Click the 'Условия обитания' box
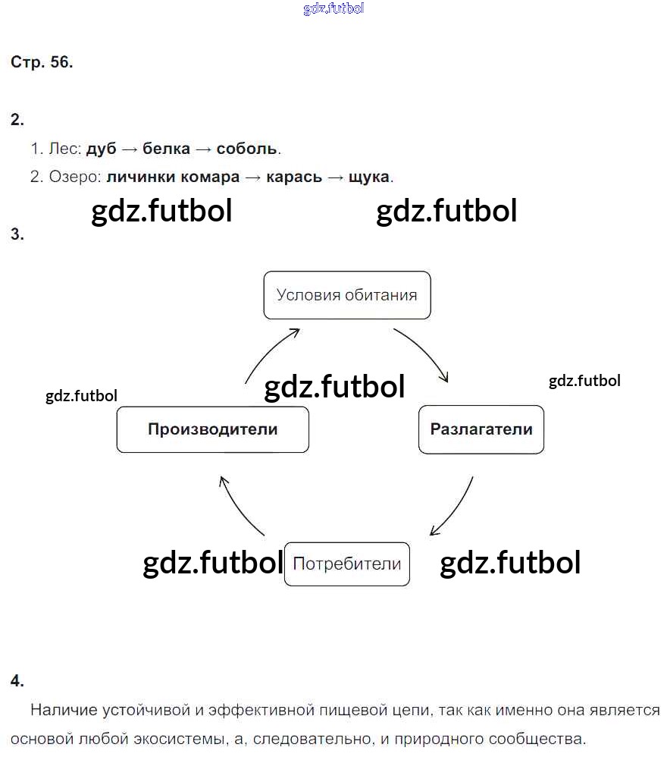(346, 295)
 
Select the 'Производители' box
(212, 429)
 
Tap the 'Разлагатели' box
(481, 429)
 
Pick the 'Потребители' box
(346, 564)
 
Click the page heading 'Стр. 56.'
(42, 63)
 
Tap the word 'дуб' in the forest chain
(102, 149)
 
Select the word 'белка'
(166, 149)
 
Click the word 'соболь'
(247, 149)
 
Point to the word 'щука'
(368, 177)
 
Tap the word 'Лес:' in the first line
(64, 149)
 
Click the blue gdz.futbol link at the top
(333, 8)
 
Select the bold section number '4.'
(17, 680)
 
